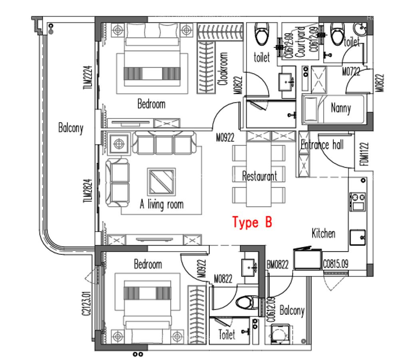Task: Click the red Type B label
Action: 252,222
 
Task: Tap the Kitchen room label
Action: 323,233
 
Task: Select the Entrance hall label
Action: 322,145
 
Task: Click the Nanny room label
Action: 340,108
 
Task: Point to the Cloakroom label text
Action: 223,69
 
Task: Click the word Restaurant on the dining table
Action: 259,176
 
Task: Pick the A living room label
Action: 161,204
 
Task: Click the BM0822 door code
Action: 277,264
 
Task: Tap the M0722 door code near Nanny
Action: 351,72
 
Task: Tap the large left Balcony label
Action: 71,128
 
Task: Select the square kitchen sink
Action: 357,238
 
